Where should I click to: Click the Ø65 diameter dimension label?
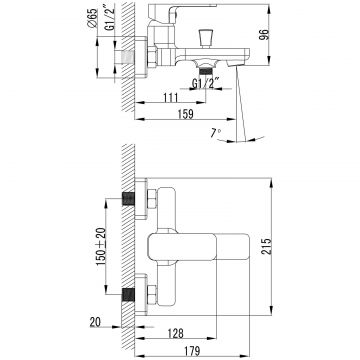click(93, 19)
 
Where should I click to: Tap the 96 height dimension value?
click(264, 35)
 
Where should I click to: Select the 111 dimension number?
click(170, 98)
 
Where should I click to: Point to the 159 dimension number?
click(186, 114)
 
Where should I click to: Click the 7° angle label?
click(215, 133)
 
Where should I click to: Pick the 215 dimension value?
click(266, 246)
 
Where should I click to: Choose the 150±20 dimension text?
click(101, 246)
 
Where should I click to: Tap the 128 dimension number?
click(175, 333)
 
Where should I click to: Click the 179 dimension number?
click(192, 351)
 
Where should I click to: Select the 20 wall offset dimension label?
click(96, 322)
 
